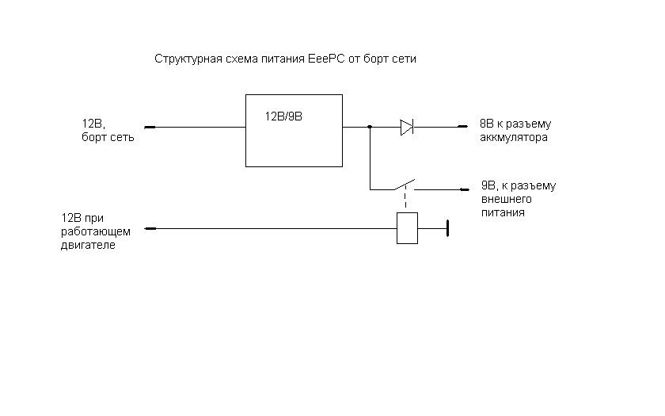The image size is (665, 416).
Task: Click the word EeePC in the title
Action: pyautogui.click(x=321, y=59)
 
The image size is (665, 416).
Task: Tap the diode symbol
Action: pyautogui.click(x=407, y=127)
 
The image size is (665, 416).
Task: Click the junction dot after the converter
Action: pyautogui.click(x=370, y=127)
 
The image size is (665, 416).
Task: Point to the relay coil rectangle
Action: pyautogui.click(x=407, y=228)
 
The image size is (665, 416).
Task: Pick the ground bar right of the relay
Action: pyautogui.click(x=447, y=228)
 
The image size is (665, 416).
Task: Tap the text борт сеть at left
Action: pyautogui.click(x=108, y=137)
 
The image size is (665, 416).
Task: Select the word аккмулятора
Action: pyautogui.click(x=515, y=137)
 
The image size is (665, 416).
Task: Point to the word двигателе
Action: pyautogui.click(x=88, y=245)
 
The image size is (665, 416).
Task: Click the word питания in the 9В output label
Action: pyautogui.click(x=503, y=213)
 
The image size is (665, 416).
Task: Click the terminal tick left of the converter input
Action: pyautogui.click(x=150, y=127)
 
